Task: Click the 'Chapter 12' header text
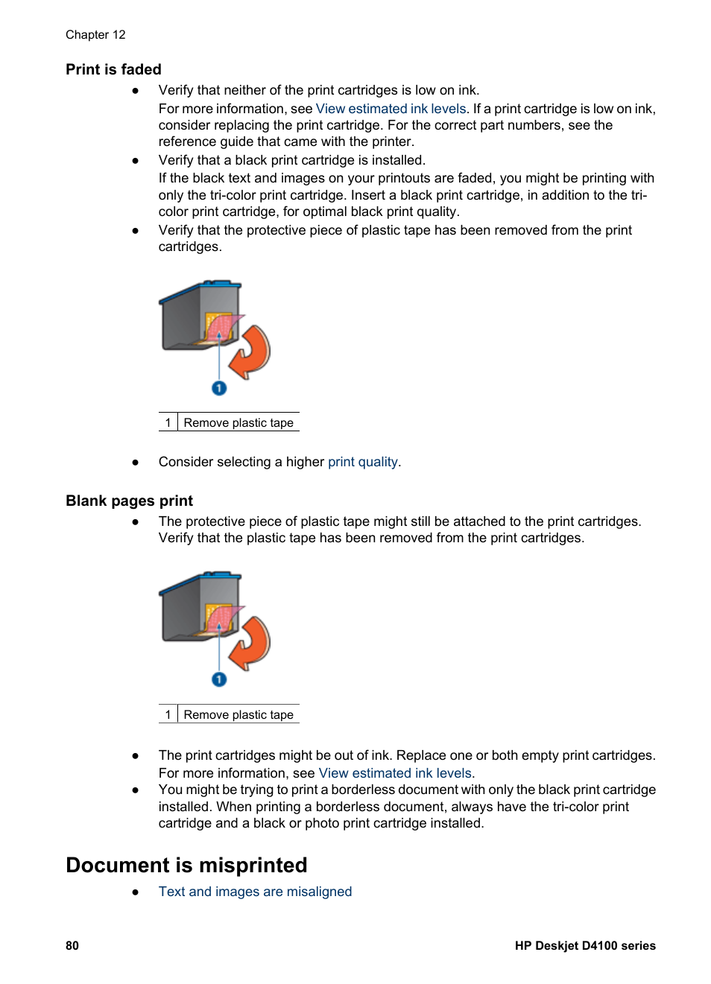pos(95,35)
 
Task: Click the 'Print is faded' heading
pos(113,69)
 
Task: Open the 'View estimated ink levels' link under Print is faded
pos(391,109)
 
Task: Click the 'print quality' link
pos(362,462)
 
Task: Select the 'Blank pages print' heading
pos(129,501)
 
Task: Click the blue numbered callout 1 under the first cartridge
pos(219,388)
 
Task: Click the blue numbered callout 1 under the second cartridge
pos(219,679)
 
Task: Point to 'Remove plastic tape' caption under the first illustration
pos(238,423)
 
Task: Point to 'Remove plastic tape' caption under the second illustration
pos(238,715)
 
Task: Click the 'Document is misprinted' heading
pos(186,865)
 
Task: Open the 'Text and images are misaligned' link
pos(255,892)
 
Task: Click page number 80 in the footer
pos(72,945)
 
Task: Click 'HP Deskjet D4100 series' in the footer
pos(585,945)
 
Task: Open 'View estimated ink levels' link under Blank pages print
pos(395,773)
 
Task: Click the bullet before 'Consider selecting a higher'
pos(136,462)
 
